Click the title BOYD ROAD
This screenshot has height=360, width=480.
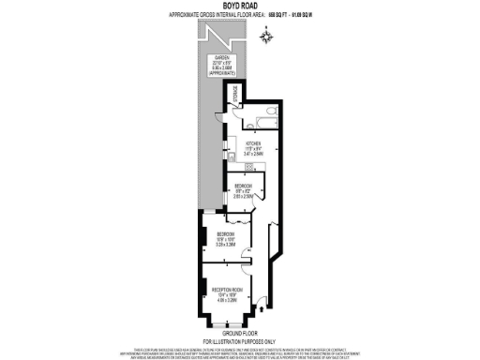(239, 6)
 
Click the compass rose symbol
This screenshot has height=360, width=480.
(267, 37)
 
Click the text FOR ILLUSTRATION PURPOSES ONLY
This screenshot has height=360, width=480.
(240, 338)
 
